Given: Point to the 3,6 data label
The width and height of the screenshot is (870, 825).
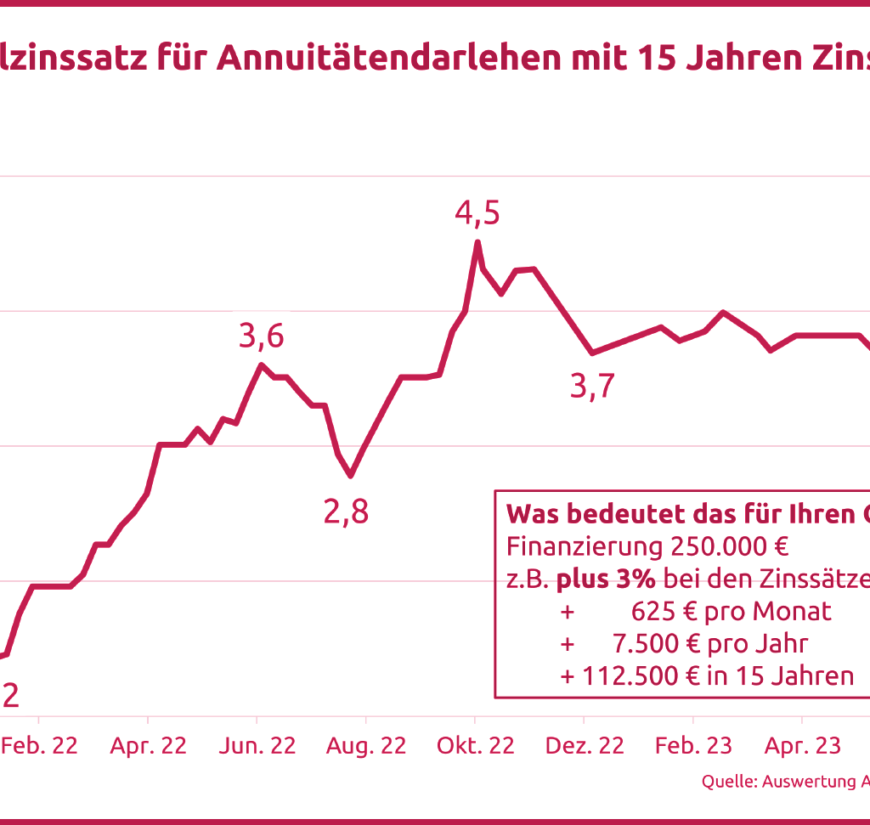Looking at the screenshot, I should (x=261, y=336).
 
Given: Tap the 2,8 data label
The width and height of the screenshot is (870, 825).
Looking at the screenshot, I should (x=346, y=512).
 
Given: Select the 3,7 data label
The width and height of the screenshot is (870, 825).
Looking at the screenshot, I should (x=592, y=387).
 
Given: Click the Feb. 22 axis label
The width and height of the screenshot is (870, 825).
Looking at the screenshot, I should (x=39, y=745).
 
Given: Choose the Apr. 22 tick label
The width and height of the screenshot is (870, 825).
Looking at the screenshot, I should (x=148, y=745).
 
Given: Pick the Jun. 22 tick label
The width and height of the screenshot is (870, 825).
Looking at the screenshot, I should (x=257, y=745).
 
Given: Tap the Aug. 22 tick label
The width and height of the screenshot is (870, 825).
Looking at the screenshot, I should (x=366, y=745).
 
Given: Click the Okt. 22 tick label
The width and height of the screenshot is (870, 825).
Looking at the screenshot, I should (x=476, y=745).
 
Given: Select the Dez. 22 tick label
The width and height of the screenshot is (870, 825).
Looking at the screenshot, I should (x=585, y=745).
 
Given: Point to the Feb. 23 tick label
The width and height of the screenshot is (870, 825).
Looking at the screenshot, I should (x=693, y=745).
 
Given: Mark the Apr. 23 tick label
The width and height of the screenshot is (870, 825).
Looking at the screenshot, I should (x=803, y=745).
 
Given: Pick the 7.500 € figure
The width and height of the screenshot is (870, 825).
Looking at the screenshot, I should (x=651, y=643).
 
